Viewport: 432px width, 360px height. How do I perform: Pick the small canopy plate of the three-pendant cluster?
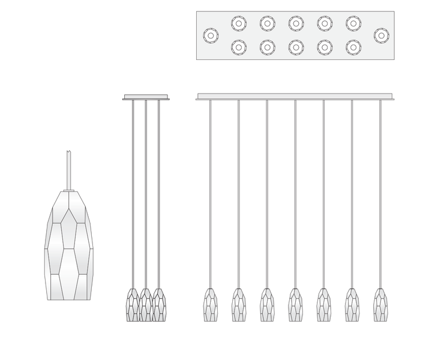[146, 96]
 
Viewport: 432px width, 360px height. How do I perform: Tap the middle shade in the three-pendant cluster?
[146, 305]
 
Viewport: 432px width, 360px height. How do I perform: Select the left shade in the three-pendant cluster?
[133, 305]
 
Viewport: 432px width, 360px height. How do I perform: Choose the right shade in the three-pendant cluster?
[159, 305]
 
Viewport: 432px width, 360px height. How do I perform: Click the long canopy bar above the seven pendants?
[295, 96]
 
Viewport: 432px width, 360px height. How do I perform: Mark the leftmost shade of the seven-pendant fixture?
[209, 305]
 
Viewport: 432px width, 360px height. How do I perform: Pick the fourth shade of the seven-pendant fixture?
[295, 305]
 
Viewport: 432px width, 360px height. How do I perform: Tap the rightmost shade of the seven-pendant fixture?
[379, 305]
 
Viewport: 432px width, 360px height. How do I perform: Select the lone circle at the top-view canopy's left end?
[210, 35]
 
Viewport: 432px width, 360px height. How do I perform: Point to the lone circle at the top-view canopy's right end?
[380, 35]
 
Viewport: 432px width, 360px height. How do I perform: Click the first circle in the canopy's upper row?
[238, 24]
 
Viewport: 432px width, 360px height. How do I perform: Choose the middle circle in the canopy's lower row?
[295, 46]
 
